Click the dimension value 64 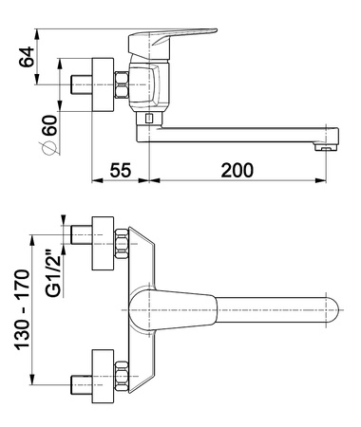tap(27, 57)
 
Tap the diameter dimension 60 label tap(50, 125)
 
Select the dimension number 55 tap(121, 170)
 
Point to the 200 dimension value tap(237, 170)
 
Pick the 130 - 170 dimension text tap(23, 309)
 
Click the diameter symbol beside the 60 tap(50, 148)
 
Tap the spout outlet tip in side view tap(325, 147)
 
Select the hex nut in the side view tap(122, 84)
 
